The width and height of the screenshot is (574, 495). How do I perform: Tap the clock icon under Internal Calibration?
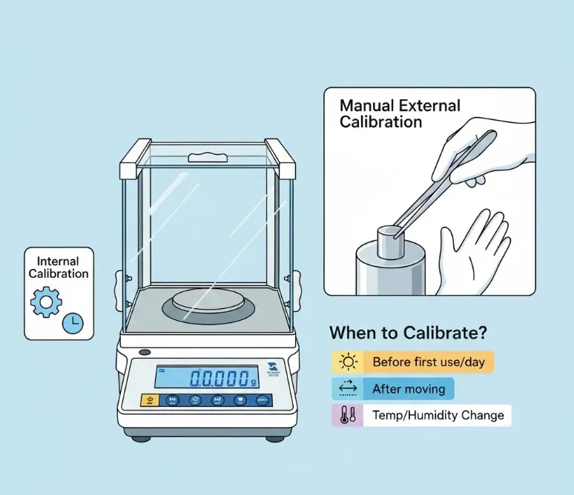(x=73, y=322)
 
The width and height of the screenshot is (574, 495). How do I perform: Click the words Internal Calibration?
(x=59, y=268)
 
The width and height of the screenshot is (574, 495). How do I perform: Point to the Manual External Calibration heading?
(x=400, y=114)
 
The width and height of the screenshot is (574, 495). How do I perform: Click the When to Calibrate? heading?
(x=412, y=333)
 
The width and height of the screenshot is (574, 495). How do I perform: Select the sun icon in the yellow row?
(x=347, y=362)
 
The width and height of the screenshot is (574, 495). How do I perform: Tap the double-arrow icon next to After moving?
(x=347, y=388)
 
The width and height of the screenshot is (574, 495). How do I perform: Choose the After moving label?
(x=409, y=388)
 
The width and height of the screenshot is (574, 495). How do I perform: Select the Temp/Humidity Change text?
(x=438, y=415)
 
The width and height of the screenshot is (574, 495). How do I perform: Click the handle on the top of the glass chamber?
(x=207, y=157)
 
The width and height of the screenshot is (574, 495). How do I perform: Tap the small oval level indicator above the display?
(x=145, y=353)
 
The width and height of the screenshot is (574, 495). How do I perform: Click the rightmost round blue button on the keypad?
(x=262, y=400)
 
